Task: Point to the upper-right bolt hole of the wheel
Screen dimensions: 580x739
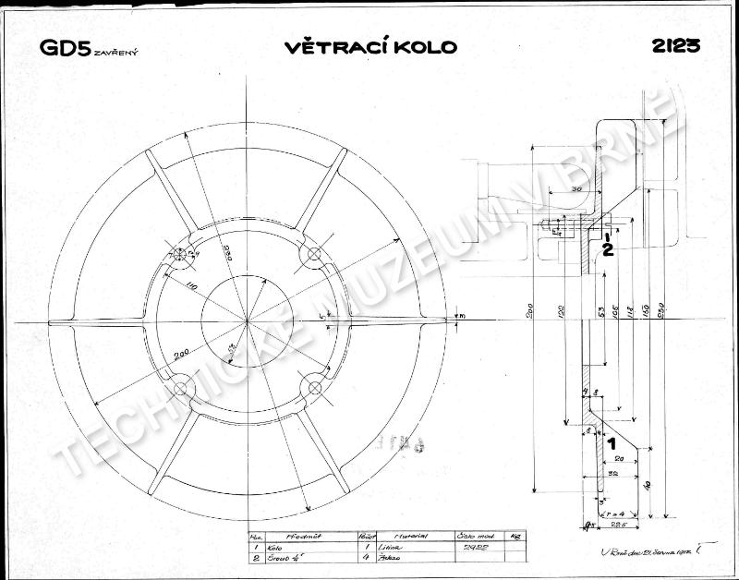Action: pos(314,254)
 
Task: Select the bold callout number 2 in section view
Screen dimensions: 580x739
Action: pos(607,247)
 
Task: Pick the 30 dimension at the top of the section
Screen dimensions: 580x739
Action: pos(575,188)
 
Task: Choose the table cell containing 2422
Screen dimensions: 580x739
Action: pos(471,548)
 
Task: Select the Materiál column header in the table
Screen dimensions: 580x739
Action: pos(406,536)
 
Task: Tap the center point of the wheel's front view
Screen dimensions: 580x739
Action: pos(248,321)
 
